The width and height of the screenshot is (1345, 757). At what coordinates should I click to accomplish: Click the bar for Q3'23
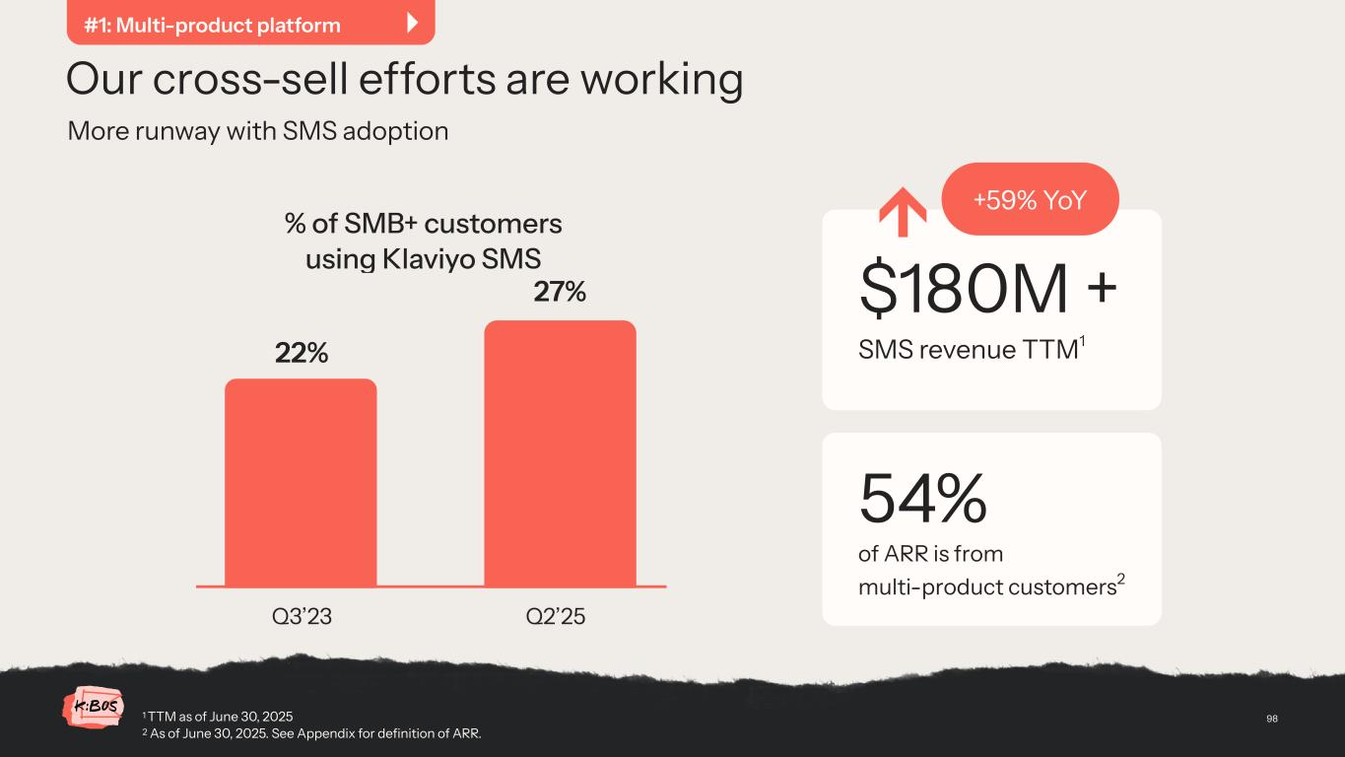(301, 482)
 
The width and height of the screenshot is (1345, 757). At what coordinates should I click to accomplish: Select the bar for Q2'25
(560, 453)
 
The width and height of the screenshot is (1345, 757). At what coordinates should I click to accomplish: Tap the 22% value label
(301, 353)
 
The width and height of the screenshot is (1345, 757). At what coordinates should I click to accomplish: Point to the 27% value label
(560, 292)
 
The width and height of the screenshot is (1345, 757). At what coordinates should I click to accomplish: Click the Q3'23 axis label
(301, 616)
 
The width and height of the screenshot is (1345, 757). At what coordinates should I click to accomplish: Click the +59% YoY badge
(1030, 200)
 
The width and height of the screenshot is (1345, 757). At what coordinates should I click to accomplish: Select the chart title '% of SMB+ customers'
(424, 224)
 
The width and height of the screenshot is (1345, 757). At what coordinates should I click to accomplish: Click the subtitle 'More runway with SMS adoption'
(258, 131)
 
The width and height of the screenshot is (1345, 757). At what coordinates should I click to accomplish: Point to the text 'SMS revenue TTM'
(967, 350)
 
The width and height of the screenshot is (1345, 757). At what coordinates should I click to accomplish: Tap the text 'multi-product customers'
(986, 587)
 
